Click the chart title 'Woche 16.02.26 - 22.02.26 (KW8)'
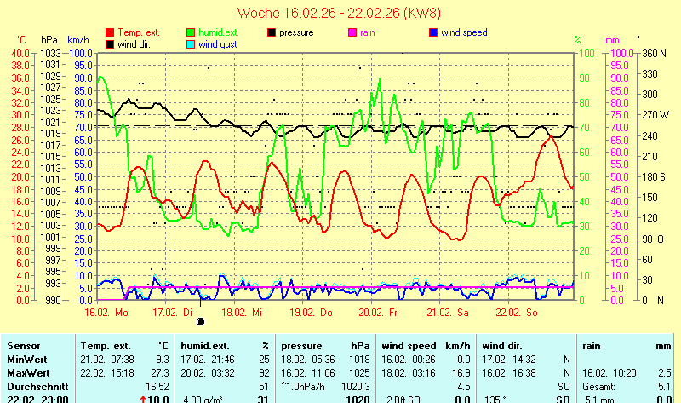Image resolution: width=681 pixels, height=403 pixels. (x=340, y=13)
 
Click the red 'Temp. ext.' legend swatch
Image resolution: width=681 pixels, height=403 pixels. (x=110, y=33)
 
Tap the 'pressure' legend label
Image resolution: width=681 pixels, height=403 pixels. (x=297, y=33)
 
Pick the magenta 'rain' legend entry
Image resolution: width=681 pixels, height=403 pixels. (x=368, y=33)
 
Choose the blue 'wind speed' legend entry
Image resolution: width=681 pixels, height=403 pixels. (x=464, y=33)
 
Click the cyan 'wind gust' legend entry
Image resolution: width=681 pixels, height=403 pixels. (x=219, y=44)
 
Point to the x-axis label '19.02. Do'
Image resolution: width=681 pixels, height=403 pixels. (x=312, y=313)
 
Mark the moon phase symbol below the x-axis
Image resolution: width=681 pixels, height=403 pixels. (x=202, y=321)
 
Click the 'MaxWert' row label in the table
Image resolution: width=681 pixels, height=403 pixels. (x=26, y=372)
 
